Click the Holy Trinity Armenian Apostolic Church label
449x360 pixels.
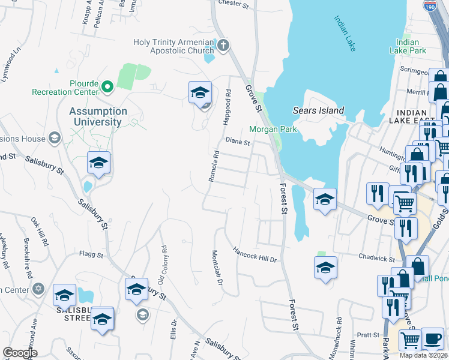tap(173, 46)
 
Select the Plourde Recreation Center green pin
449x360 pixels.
tap(107, 88)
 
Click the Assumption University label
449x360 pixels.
tap(98, 116)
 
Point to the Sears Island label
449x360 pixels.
tap(318, 110)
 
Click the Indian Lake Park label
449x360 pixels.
tap(411, 46)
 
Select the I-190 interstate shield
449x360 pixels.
tap(429, 5)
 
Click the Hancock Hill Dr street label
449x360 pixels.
tap(255, 254)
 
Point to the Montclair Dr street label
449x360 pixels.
tap(217, 268)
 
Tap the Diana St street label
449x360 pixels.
tap(238, 142)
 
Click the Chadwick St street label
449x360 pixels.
tap(376, 259)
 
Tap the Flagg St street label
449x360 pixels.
tap(92, 254)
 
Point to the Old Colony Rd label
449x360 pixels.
tap(161, 265)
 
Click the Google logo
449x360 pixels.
tap(20, 353)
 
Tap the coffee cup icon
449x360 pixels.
tap(432, 339)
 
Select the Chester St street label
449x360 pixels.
tap(234, 4)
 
